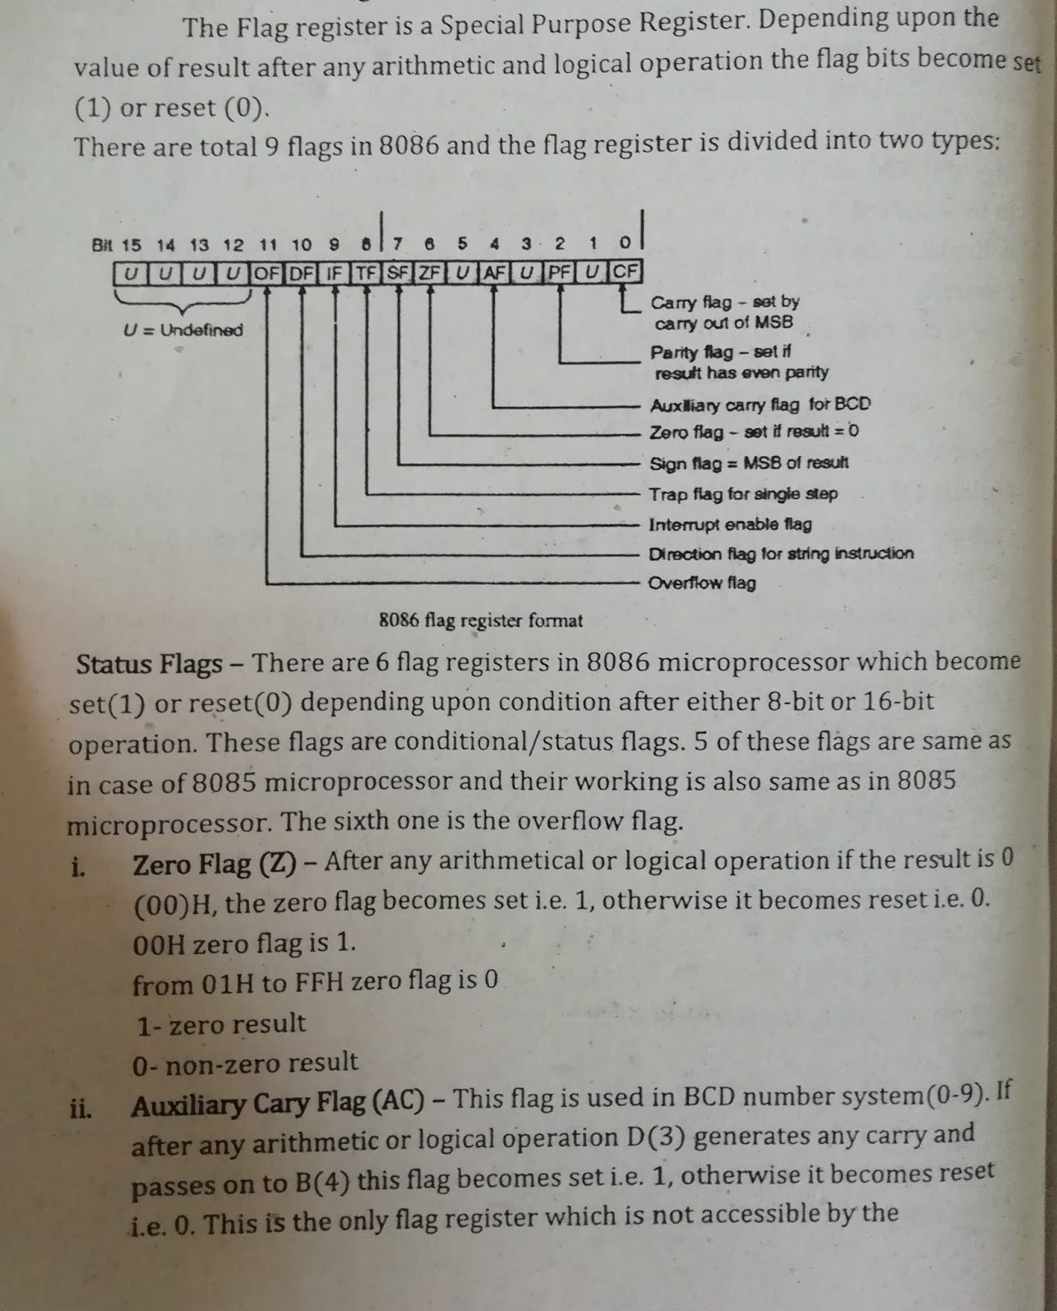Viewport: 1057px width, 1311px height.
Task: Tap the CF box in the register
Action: pos(626,271)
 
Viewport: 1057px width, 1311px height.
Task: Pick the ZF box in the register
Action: pos(429,272)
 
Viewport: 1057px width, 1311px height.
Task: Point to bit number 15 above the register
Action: pos(131,245)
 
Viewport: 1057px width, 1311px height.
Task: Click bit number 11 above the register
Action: pos(268,244)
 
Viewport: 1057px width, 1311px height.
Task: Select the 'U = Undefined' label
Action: pos(183,330)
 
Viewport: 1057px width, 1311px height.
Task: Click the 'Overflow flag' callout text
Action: pos(701,583)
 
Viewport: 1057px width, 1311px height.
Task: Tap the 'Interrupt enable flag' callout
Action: pos(730,524)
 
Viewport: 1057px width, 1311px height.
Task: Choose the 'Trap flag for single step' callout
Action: pos(743,494)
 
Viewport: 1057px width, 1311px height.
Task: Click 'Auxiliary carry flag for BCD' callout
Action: pos(760,405)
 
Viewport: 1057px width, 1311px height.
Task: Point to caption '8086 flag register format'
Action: pos(481,620)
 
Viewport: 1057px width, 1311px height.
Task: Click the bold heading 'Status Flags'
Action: pos(149,664)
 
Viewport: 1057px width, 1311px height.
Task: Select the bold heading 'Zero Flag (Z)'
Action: pos(214,864)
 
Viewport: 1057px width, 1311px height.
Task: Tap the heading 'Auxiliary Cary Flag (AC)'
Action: pos(278,1105)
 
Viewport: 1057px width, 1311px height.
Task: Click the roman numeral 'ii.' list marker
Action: pos(79,1109)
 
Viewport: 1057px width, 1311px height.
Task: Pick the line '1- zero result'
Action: pos(221,1024)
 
